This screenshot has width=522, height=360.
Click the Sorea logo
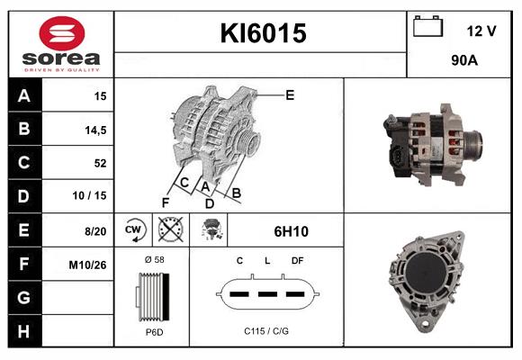[60, 44]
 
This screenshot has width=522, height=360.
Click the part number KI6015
[263, 34]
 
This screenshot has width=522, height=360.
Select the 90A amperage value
[463, 62]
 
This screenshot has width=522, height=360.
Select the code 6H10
[291, 231]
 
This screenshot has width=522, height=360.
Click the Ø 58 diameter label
[153, 259]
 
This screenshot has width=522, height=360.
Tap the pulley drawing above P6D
[152, 295]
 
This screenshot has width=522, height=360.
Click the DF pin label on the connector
[296, 260]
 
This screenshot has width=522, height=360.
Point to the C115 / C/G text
[266, 331]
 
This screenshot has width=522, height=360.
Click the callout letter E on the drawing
[289, 94]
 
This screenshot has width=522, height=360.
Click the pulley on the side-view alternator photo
[470, 145]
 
